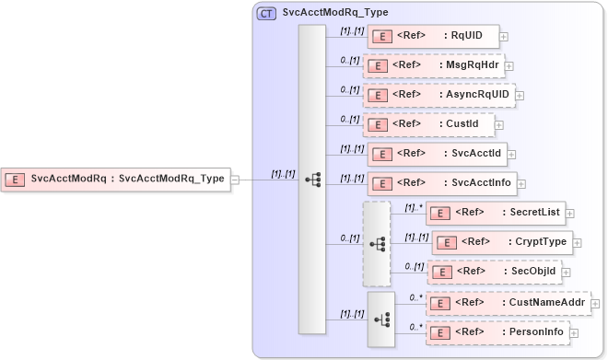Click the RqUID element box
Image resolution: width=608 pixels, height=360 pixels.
[x=433, y=37]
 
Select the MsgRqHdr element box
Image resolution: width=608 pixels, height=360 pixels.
[x=433, y=66]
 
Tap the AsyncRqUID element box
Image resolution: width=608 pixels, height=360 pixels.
[x=438, y=95]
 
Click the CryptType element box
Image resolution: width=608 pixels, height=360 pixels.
[x=502, y=242]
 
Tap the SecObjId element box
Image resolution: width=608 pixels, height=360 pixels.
[x=495, y=273]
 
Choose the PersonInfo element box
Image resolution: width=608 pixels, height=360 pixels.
[x=497, y=332]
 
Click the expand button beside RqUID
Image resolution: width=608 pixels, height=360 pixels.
[x=504, y=38]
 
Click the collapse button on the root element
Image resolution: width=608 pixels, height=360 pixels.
[x=235, y=180]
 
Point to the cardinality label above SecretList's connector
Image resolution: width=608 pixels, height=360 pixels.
[x=412, y=207]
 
